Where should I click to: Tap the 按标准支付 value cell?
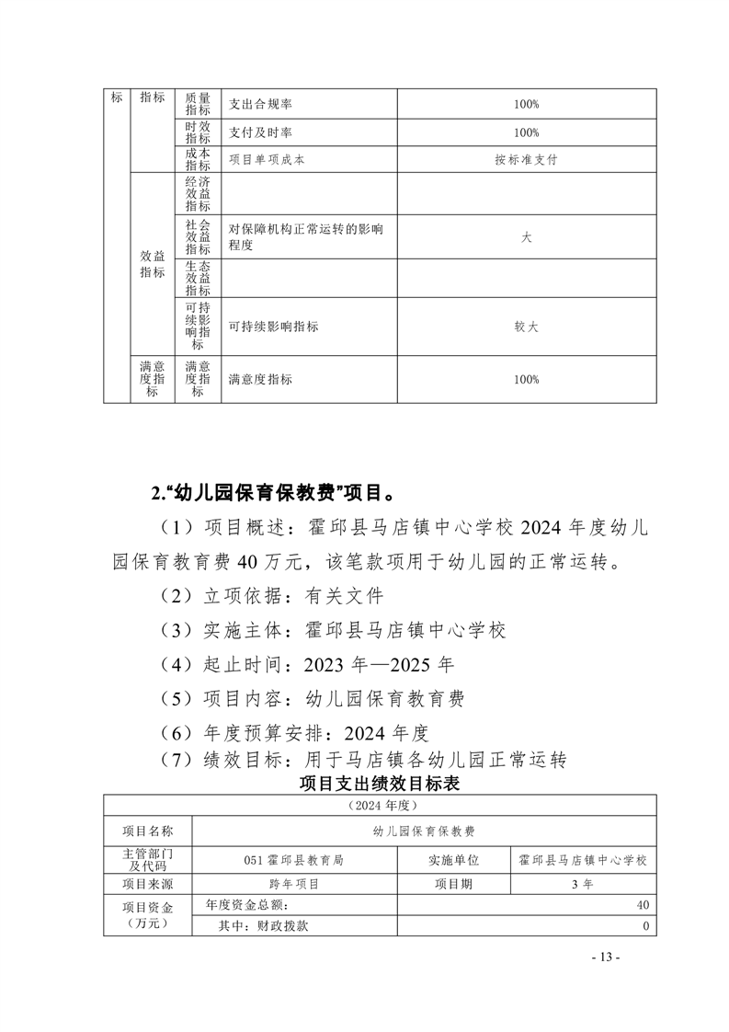coord(526,159)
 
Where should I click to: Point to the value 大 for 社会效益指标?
coord(526,237)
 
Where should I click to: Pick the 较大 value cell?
coord(526,327)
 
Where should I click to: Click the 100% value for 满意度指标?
coord(526,379)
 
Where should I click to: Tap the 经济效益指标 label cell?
coord(198,194)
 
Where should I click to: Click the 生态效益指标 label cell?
coord(198,278)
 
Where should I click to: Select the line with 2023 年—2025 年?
coord(306,664)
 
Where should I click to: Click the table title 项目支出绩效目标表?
coord(380,784)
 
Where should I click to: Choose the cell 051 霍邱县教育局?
coord(294,860)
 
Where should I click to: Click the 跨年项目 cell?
coord(294,884)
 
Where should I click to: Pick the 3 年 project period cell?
coord(582,884)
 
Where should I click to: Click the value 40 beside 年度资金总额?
coord(643,905)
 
